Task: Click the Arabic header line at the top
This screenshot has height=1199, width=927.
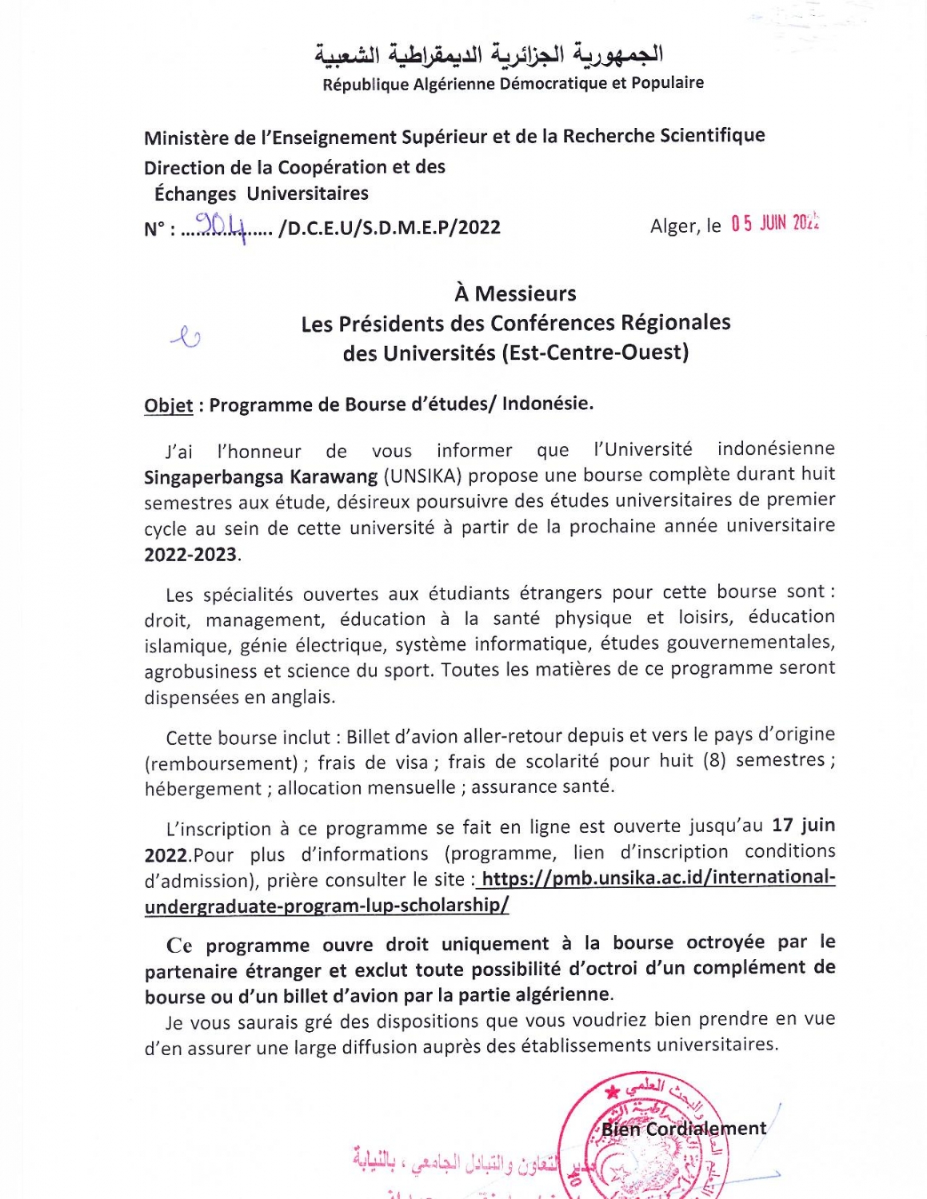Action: (x=489, y=54)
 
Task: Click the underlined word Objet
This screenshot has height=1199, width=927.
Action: (x=168, y=405)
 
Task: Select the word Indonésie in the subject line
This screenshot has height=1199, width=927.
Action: (x=547, y=404)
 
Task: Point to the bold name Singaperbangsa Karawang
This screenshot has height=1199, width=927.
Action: (x=261, y=477)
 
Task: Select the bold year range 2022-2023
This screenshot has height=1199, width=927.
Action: (x=190, y=555)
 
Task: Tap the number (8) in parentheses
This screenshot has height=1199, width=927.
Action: (x=714, y=759)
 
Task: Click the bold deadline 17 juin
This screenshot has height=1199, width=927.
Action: (x=803, y=825)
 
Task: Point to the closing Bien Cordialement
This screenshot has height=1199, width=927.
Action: (x=684, y=1129)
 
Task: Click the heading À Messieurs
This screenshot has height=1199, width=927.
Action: (x=515, y=293)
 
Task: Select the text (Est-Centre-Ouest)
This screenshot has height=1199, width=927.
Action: (x=595, y=353)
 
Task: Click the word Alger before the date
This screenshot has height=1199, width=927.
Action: (x=673, y=226)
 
